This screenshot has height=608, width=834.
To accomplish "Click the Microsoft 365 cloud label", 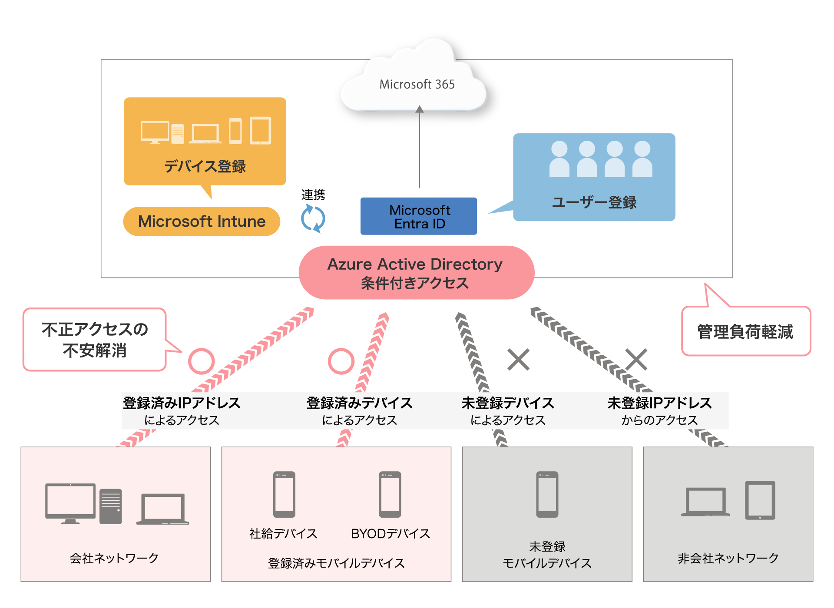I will click(417, 84).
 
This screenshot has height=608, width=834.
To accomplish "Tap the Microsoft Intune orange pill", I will click(202, 221).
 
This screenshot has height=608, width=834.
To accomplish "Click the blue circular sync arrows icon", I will click(313, 218).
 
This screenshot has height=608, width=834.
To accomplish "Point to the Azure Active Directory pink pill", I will click(416, 273).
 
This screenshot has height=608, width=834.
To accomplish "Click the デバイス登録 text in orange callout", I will click(205, 166).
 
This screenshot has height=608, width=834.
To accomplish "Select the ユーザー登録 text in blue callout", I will click(594, 202).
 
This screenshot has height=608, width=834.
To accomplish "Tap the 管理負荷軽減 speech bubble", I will click(745, 332).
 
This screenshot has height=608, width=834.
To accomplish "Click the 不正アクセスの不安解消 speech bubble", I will click(95, 340).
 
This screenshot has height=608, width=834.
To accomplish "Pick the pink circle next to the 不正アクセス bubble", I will click(201, 361).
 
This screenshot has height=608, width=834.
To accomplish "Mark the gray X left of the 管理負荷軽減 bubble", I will click(636, 360).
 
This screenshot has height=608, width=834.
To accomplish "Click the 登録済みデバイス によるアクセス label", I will click(359, 411).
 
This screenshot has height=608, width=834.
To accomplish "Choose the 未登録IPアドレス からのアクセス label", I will click(659, 411).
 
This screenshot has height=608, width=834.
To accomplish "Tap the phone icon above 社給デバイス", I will click(284, 494).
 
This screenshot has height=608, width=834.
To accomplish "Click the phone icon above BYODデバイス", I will click(390, 494).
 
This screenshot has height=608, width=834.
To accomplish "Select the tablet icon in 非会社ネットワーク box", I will click(760, 500).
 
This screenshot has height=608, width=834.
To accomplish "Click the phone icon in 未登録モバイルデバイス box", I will click(547, 494).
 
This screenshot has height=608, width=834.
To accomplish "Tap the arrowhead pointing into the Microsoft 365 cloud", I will click(419, 109).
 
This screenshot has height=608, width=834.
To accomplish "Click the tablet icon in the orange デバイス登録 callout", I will click(260, 130).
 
